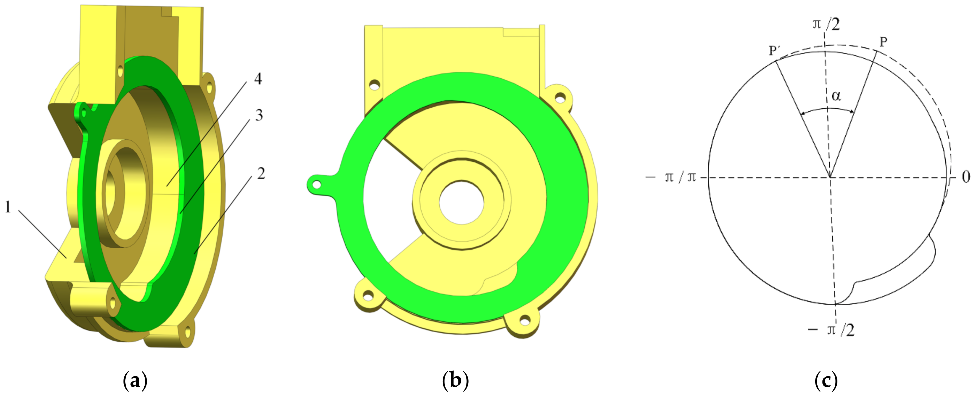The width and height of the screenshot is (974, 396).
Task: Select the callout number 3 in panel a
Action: (259, 115)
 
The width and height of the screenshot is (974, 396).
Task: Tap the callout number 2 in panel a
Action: (261, 173)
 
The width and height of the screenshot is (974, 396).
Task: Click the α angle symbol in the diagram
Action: (836, 96)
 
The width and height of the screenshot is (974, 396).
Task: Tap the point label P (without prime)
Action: (884, 42)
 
